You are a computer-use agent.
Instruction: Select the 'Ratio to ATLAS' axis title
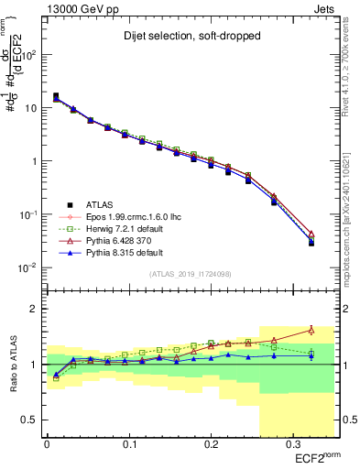pyautogui.click(x=12, y=364)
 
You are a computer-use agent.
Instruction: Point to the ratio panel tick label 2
pyautogui.click(x=34, y=309)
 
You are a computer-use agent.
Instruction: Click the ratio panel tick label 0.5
pyautogui.click(x=30, y=420)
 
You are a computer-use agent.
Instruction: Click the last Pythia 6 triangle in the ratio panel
pyautogui.click(x=311, y=330)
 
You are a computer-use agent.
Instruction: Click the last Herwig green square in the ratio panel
pyautogui.click(x=311, y=354)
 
